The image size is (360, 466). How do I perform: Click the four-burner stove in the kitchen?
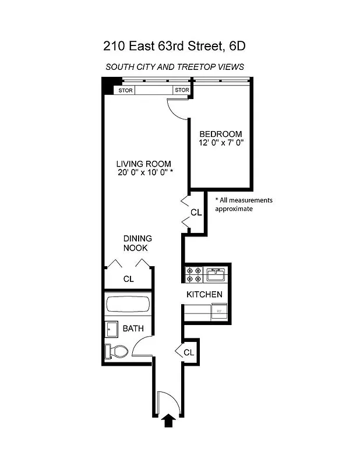click(x=193, y=274)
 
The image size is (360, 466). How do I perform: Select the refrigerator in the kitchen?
click(x=218, y=311)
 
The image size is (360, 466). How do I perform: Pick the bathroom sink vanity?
click(x=112, y=329)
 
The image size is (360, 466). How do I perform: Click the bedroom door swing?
click(x=177, y=107)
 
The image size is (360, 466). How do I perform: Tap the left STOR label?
click(x=126, y=90)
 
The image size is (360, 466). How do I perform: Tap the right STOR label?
click(x=182, y=90)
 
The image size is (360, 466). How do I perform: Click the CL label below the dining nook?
click(x=128, y=279)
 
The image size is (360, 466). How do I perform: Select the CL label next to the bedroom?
click(x=196, y=213)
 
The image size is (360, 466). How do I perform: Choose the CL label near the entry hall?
click(x=189, y=352)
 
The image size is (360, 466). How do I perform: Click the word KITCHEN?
click(x=204, y=294)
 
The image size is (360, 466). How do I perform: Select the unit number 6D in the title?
click(x=244, y=45)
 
